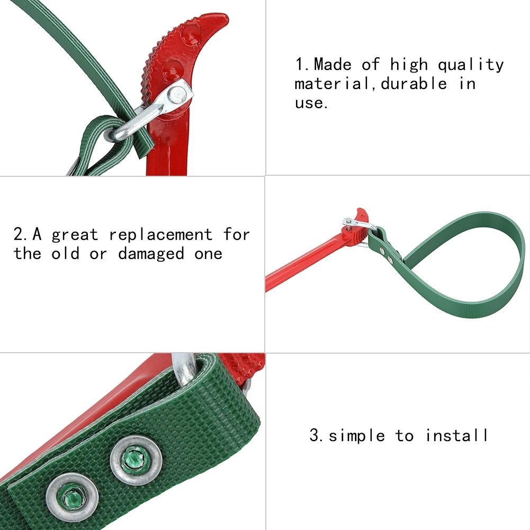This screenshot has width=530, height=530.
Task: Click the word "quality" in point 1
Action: (471, 65)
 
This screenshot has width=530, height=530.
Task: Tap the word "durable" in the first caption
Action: (414, 83)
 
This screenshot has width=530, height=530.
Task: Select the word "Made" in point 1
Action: (333, 64)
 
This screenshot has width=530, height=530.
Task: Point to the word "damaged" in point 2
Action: (151, 254)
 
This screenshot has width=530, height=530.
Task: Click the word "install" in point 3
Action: (456, 435)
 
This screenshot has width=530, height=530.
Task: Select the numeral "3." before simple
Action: (317, 435)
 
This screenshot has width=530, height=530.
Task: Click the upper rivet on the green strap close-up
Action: (136, 460)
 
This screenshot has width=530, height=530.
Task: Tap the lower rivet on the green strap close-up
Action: (72, 497)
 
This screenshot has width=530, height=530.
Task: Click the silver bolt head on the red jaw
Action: (177, 94)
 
